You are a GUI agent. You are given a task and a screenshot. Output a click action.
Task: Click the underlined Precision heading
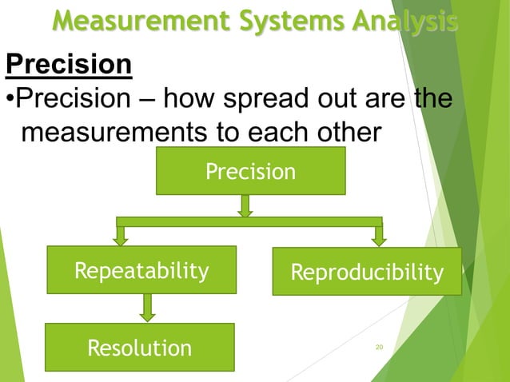[x=69, y=64]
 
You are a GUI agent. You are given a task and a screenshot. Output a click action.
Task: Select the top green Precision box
[x=250, y=171]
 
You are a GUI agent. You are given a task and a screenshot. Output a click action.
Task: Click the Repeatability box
[x=141, y=271]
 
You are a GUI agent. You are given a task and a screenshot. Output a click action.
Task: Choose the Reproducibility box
[x=367, y=272]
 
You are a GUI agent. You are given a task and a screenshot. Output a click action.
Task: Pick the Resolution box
[x=139, y=348]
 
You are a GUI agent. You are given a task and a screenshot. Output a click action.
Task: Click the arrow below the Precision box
[x=245, y=205]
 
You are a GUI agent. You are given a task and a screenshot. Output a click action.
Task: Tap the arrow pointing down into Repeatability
[x=121, y=235]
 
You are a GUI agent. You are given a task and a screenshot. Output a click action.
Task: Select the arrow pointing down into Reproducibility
[x=379, y=235]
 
